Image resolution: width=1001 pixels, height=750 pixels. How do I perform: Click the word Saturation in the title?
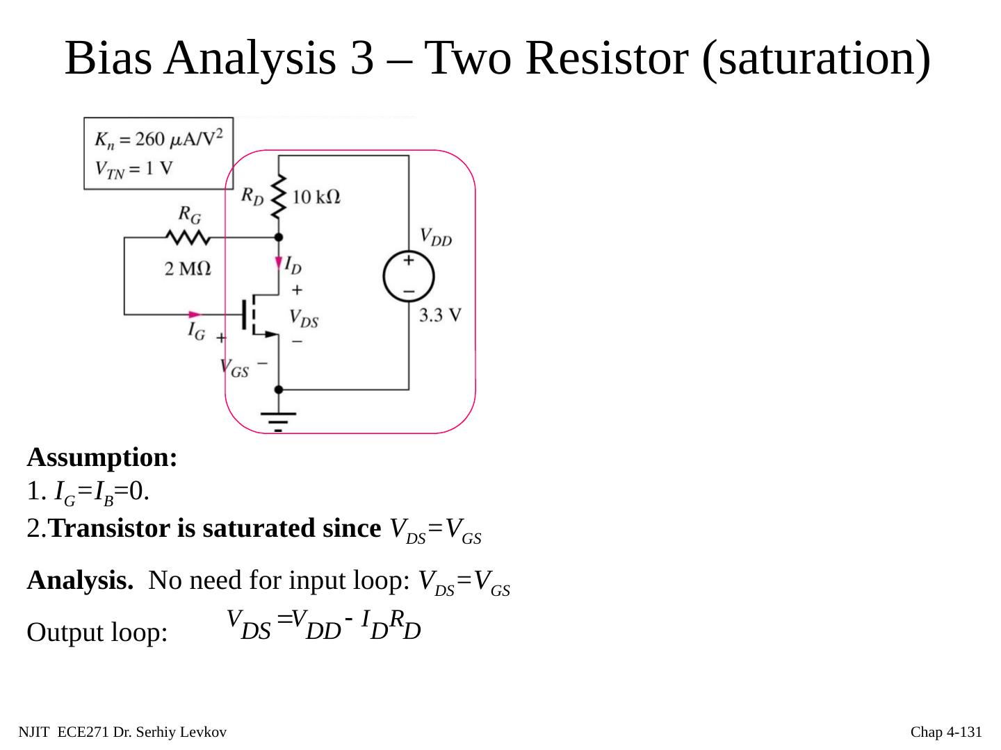tap(817, 58)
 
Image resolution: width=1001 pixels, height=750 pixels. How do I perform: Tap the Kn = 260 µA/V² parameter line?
tap(159, 139)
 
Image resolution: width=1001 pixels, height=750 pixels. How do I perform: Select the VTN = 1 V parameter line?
tap(133, 169)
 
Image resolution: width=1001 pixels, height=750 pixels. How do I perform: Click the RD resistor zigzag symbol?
tap(279, 195)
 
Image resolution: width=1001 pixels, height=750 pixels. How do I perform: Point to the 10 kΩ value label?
tap(316, 197)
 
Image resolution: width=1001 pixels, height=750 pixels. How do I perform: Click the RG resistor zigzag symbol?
tap(188, 237)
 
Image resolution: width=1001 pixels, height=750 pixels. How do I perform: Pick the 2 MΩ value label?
tap(188, 268)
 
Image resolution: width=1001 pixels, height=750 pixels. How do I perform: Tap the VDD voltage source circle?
tap(409, 276)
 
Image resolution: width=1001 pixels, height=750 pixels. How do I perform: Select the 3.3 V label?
tap(440, 315)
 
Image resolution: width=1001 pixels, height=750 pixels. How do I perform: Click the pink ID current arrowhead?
tap(279, 265)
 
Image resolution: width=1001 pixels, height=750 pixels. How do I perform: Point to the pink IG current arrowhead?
tap(195, 315)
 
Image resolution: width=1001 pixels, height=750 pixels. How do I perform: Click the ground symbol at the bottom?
tap(278, 419)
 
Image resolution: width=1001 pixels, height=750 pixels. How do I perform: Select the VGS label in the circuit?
tap(234, 368)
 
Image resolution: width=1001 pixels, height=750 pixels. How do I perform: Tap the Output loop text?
tap(97, 633)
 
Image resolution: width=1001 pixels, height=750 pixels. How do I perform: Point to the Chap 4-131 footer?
tap(946, 732)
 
